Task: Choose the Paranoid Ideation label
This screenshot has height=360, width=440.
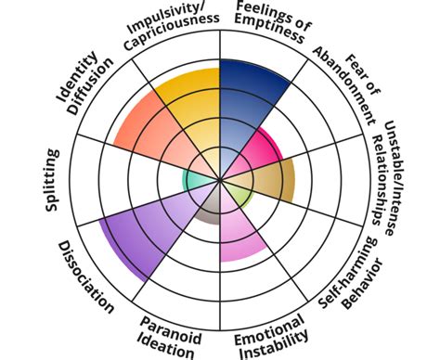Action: pyautogui.click(x=169, y=337)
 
